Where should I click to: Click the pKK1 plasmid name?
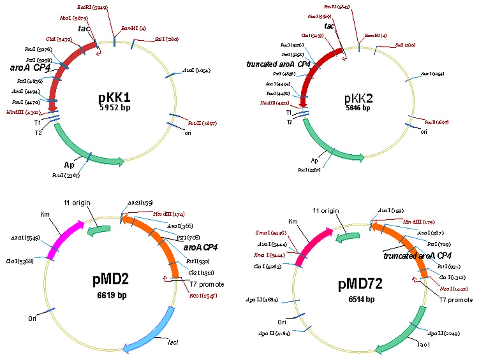point(115,98)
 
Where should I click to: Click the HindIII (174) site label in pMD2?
point(168,214)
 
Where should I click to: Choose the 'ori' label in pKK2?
point(424,131)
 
